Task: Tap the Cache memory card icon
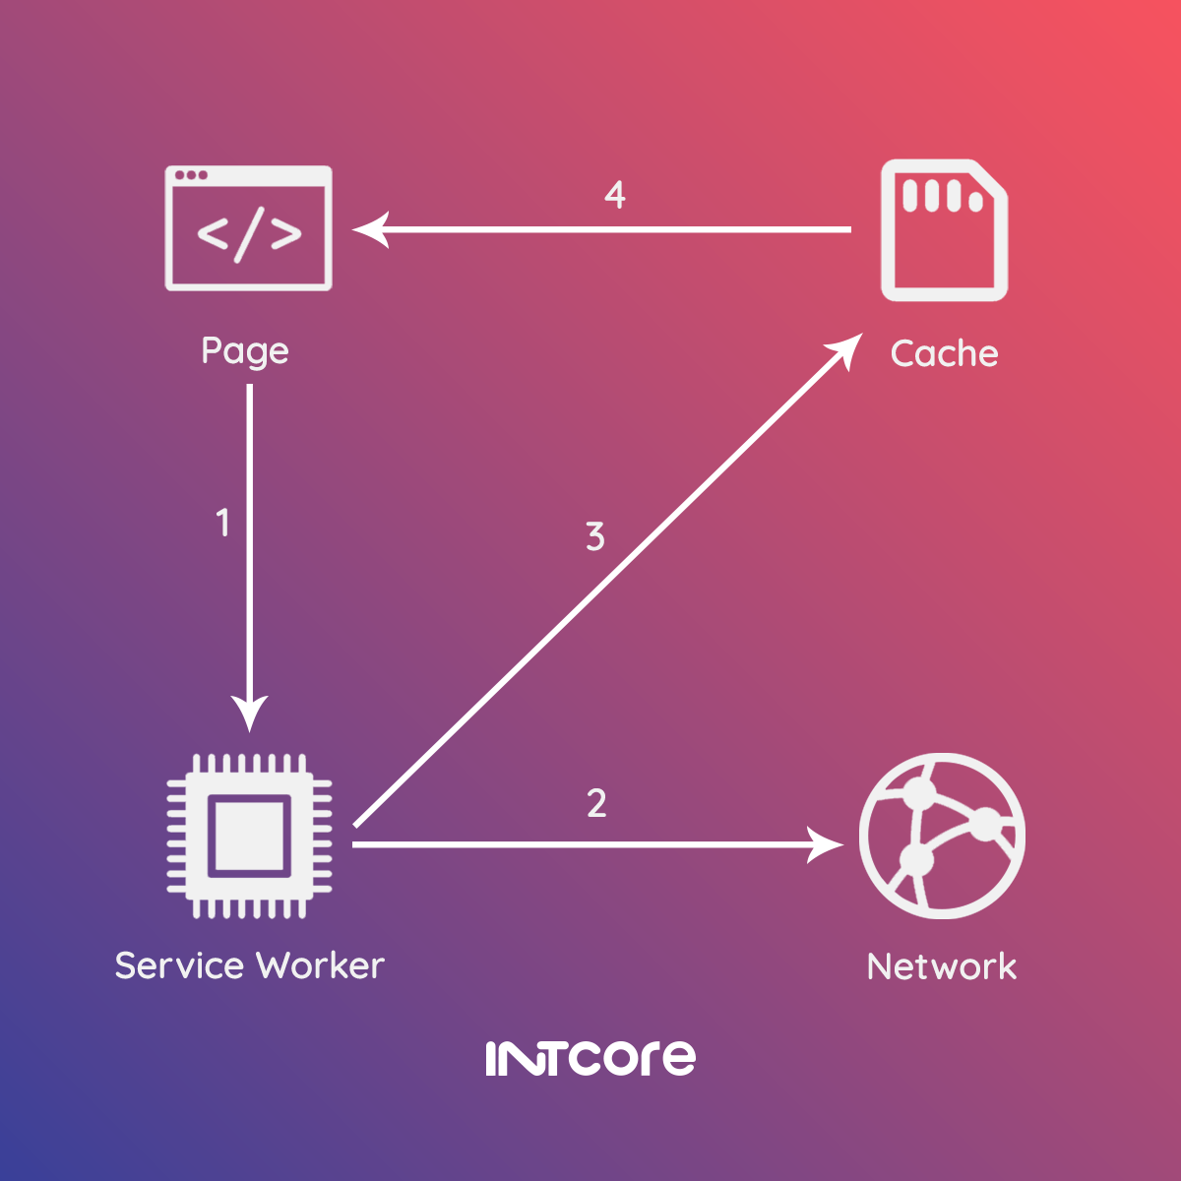tap(944, 230)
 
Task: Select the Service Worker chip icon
tap(249, 836)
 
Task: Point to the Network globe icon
tap(942, 836)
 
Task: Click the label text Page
tap(245, 351)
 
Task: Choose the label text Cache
tap(945, 353)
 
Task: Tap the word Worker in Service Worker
tap(321, 965)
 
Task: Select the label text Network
tap(942, 966)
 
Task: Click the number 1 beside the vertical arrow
tap(223, 523)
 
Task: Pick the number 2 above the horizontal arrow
tap(596, 803)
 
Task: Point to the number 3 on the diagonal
tap(595, 537)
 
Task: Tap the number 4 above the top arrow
tap(615, 195)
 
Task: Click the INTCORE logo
tap(590, 1058)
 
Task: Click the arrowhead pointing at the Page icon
tap(370, 230)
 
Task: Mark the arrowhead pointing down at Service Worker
tap(249, 714)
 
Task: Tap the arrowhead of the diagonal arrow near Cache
tap(845, 350)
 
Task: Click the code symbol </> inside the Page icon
tap(249, 235)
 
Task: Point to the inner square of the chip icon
tap(249, 836)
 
